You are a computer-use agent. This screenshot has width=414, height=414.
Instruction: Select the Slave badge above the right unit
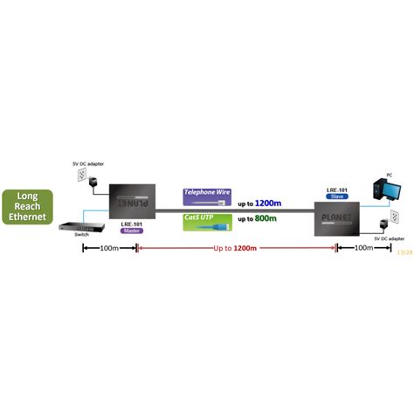tap(338, 197)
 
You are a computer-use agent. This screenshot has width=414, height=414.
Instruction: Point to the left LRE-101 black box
tap(131, 201)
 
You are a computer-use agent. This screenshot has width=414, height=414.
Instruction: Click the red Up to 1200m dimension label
tap(235, 249)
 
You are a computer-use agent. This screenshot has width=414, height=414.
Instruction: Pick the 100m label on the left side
tap(109, 249)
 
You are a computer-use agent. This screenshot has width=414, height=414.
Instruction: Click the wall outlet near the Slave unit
tap(394, 216)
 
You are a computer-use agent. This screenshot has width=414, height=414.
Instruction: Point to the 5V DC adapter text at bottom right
tap(388, 238)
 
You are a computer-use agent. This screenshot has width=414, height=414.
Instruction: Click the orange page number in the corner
tap(404, 252)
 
